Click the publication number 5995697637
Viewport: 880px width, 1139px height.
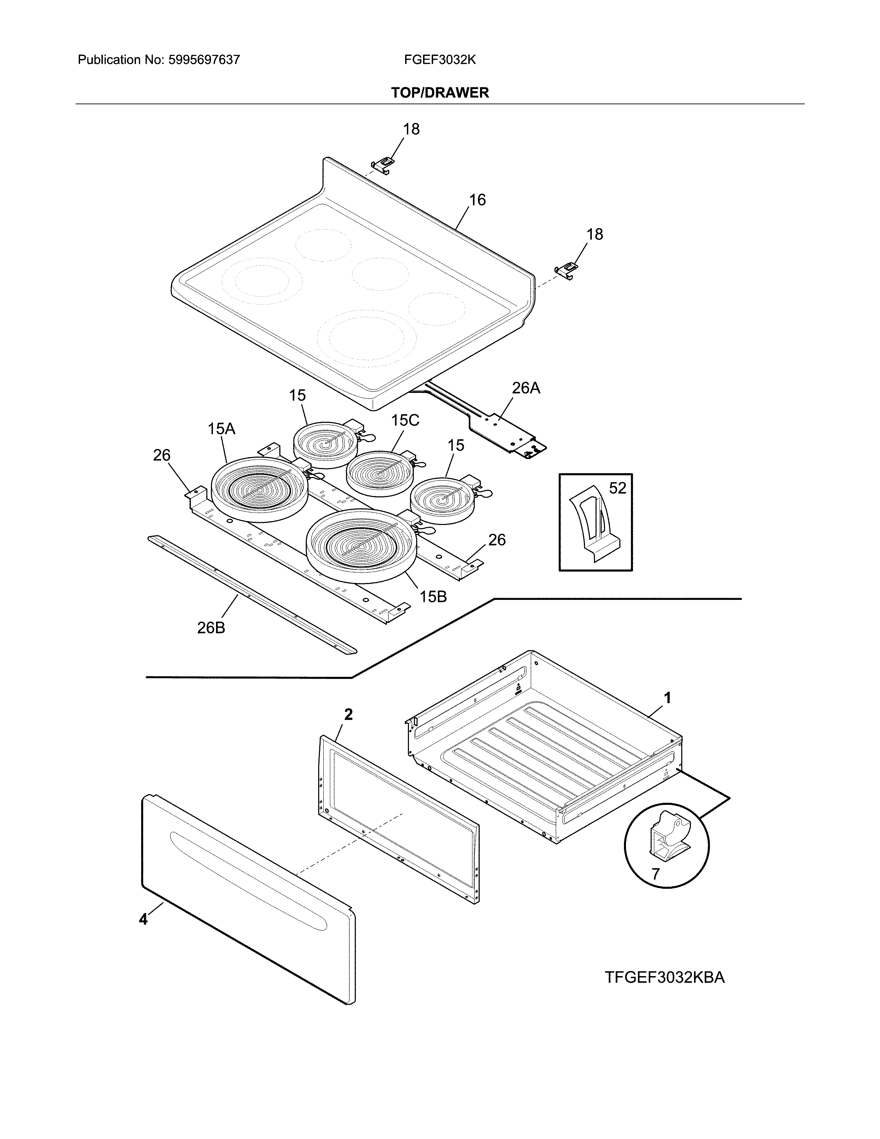click(x=204, y=60)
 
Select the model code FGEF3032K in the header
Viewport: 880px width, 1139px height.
click(x=439, y=60)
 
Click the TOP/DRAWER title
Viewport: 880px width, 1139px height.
click(x=439, y=93)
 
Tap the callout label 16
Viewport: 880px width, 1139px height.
click(x=477, y=200)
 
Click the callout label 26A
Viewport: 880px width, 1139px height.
click(x=526, y=388)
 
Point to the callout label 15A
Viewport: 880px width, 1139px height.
click(x=221, y=429)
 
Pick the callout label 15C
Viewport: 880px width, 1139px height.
click(x=405, y=420)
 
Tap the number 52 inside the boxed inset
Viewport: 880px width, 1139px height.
click(x=617, y=488)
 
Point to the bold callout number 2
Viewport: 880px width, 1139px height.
click(x=348, y=714)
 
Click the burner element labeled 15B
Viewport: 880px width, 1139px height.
click(x=361, y=545)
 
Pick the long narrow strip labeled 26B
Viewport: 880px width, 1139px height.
click(x=252, y=595)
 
